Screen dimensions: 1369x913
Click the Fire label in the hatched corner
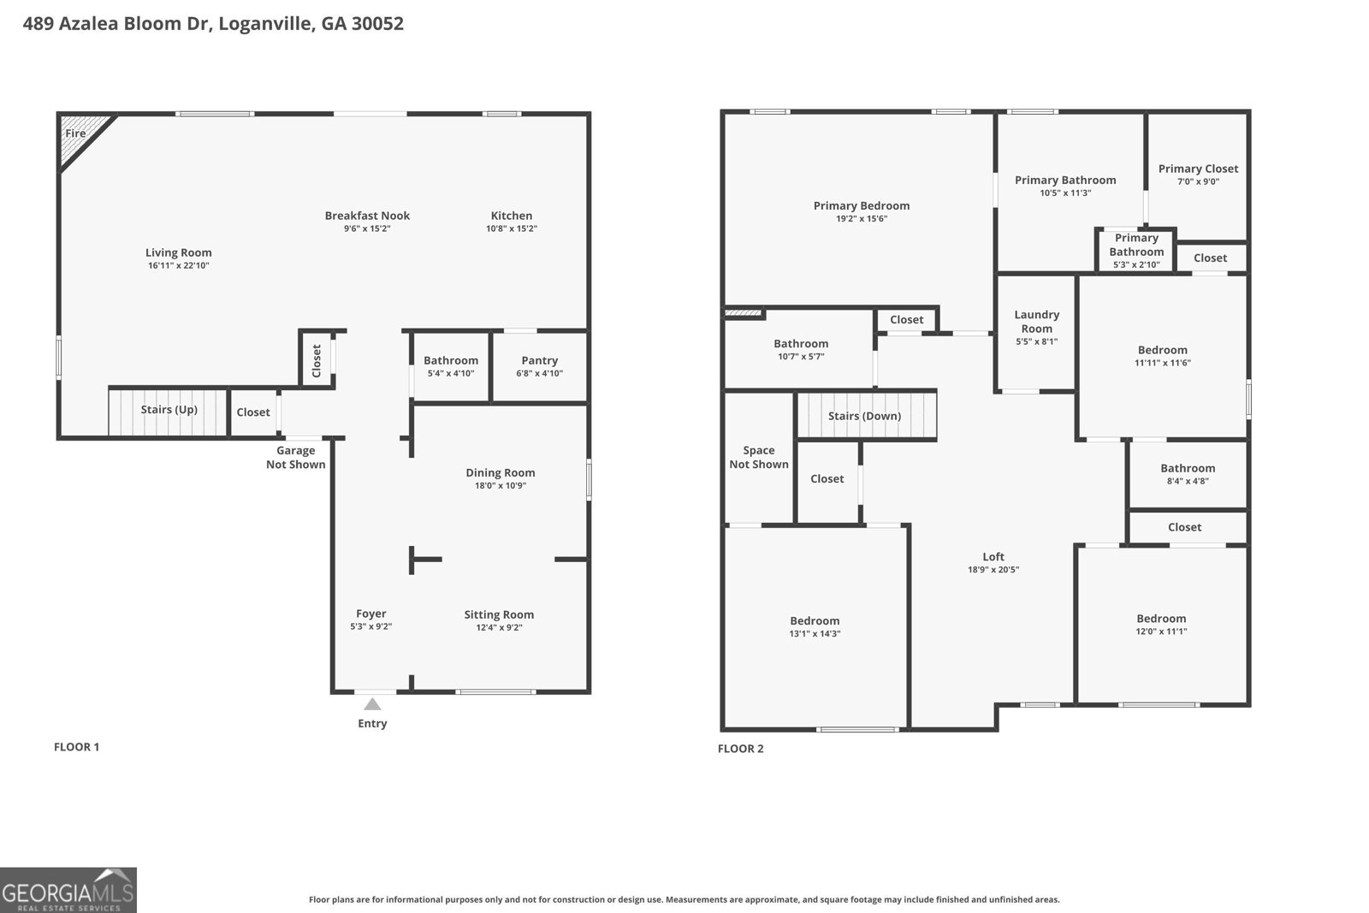[x=75, y=133]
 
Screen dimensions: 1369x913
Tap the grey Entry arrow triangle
[x=372, y=704]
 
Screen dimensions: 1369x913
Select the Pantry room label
[x=540, y=360]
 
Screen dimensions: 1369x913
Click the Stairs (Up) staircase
[x=169, y=412]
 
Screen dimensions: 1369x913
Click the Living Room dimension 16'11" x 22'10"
[x=179, y=265]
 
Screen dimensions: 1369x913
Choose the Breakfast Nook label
[x=367, y=216]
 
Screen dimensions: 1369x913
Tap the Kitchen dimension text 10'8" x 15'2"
[x=512, y=228]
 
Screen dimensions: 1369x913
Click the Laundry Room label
[x=1036, y=322]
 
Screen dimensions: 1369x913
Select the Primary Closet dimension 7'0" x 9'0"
[x=1199, y=181]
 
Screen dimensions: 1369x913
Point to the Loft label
[x=993, y=557]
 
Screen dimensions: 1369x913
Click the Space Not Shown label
[x=759, y=457]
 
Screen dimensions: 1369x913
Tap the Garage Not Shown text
[x=296, y=457]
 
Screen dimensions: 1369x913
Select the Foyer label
[x=371, y=614]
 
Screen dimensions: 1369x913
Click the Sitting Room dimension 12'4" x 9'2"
[x=500, y=627]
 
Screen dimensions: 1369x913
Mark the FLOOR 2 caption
[x=741, y=749]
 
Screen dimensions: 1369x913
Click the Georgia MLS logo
[x=68, y=890]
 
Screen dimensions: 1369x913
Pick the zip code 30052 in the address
[x=377, y=23]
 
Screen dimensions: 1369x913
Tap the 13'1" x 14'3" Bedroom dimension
[x=815, y=634]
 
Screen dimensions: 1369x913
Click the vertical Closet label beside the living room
[x=317, y=360]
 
